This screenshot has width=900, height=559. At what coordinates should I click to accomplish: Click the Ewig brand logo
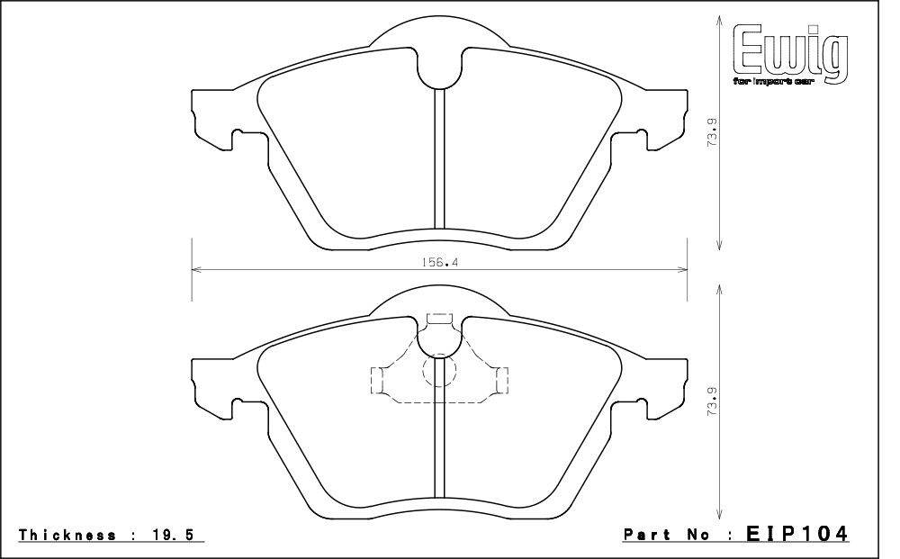pyautogui.click(x=790, y=56)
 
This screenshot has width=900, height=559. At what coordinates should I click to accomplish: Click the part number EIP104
pyautogui.click(x=796, y=535)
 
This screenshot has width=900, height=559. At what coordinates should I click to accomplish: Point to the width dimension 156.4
pyautogui.click(x=438, y=262)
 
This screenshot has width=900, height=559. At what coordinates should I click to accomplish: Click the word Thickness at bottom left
pyautogui.click(x=67, y=535)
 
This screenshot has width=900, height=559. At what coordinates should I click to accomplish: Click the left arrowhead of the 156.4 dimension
pyautogui.click(x=196, y=268)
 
